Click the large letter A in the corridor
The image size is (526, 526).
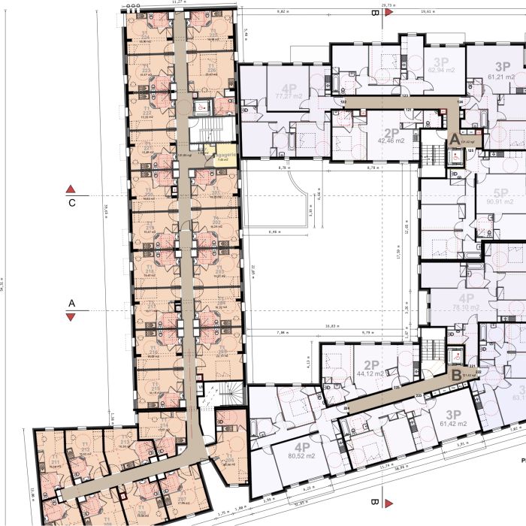point(454,139)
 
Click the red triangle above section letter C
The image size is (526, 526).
point(71,188)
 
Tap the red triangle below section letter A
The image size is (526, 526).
point(71,317)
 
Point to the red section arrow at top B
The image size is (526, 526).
point(388,14)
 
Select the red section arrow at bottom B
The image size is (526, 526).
point(388,501)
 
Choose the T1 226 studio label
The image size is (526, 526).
point(212,68)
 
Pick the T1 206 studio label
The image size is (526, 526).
point(229,461)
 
